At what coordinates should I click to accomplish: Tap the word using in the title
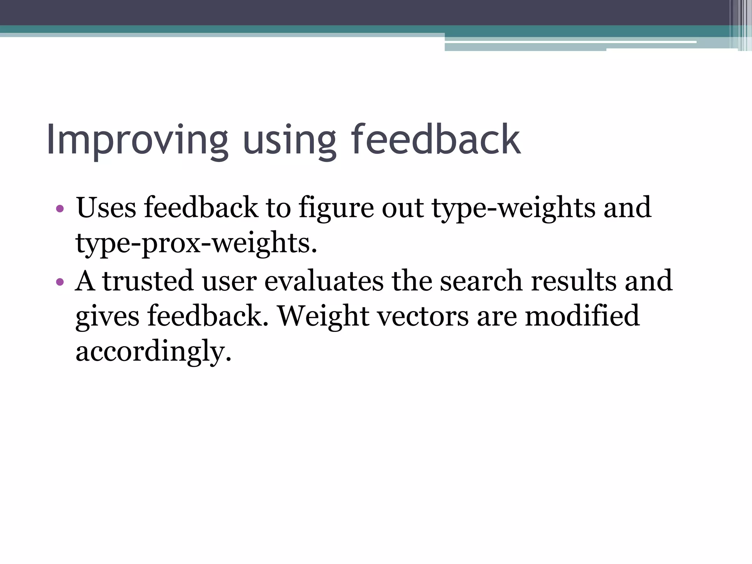289,140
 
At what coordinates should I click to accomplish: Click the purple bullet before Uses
60,209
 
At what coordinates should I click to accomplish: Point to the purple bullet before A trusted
60,282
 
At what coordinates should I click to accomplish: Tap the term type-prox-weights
196,243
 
